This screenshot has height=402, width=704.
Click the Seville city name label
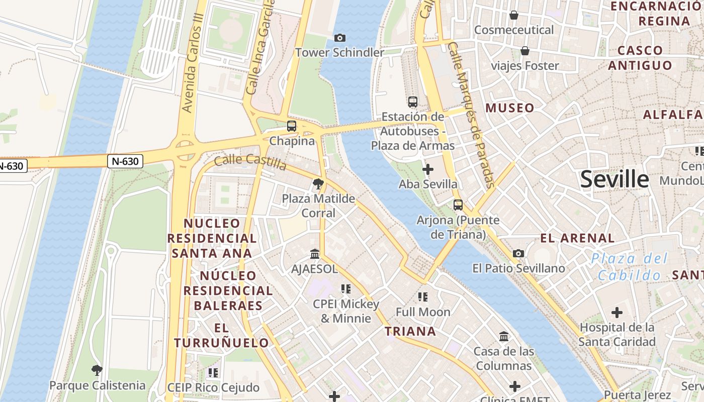(614, 179)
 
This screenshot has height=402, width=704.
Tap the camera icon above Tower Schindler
(340, 38)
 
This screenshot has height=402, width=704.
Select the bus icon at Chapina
(292, 126)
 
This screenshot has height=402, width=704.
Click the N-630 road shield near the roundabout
(125, 161)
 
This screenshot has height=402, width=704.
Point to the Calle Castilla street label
(250, 162)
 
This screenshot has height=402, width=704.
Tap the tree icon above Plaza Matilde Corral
(318, 184)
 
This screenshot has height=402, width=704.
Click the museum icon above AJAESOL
(315, 254)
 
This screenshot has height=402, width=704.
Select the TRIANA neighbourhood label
(410, 331)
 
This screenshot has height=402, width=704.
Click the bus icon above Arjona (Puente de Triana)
(458, 205)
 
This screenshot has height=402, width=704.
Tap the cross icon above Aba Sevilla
(428, 170)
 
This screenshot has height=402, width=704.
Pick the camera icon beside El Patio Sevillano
(518, 254)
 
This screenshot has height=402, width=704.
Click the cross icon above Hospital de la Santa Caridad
(617, 313)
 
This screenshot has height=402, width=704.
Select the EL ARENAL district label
(577, 238)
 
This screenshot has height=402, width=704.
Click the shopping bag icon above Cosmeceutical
(514, 15)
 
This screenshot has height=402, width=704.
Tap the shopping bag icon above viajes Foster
(525, 51)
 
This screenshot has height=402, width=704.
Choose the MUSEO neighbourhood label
(510, 108)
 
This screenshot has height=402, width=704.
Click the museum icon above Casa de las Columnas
(503, 336)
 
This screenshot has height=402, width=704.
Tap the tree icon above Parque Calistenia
(97, 371)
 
